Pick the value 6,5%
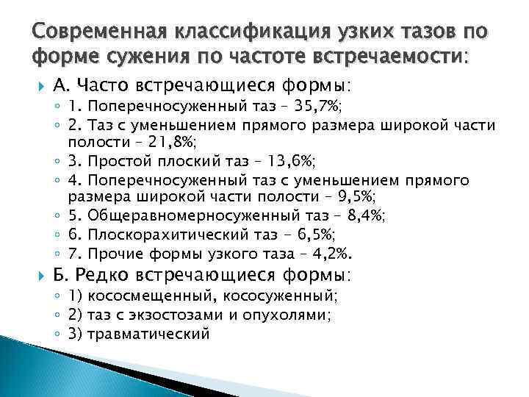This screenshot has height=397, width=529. [309, 235]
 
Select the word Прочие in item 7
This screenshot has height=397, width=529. [112, 254]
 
